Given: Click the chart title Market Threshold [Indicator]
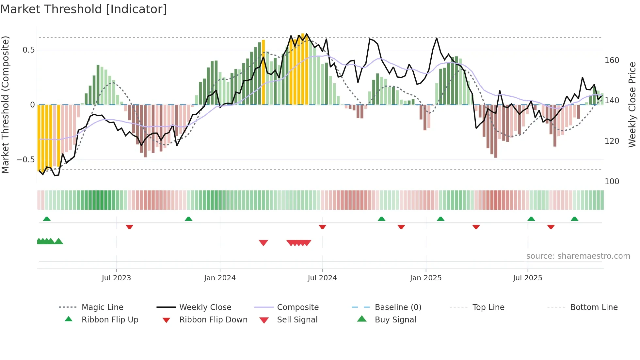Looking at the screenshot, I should click(x=84, y=9).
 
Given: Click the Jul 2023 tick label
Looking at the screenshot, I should click(x=116, y=278).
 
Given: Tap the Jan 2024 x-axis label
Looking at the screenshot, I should click(x=220, y=278).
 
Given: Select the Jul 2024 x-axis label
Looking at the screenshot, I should click(x=322, y=278).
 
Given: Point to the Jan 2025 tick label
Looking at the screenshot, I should click(x=425, y=278).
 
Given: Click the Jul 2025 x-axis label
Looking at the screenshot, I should click(x=527, y=278).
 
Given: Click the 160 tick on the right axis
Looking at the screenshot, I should click(x=612, y=60).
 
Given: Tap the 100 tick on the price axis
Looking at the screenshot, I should click(x=612, y=182).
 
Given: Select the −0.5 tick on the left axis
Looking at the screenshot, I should click(x=26, y=160).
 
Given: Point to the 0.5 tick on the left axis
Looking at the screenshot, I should click(x=28, y=50).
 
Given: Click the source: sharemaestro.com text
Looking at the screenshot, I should click(x=578, y=256).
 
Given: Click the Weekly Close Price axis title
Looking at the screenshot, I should click(x=632, y=105).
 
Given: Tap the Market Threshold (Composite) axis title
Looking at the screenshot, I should click(x=5, y=105).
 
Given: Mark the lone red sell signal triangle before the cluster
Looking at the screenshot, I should click(x=263, y=243).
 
